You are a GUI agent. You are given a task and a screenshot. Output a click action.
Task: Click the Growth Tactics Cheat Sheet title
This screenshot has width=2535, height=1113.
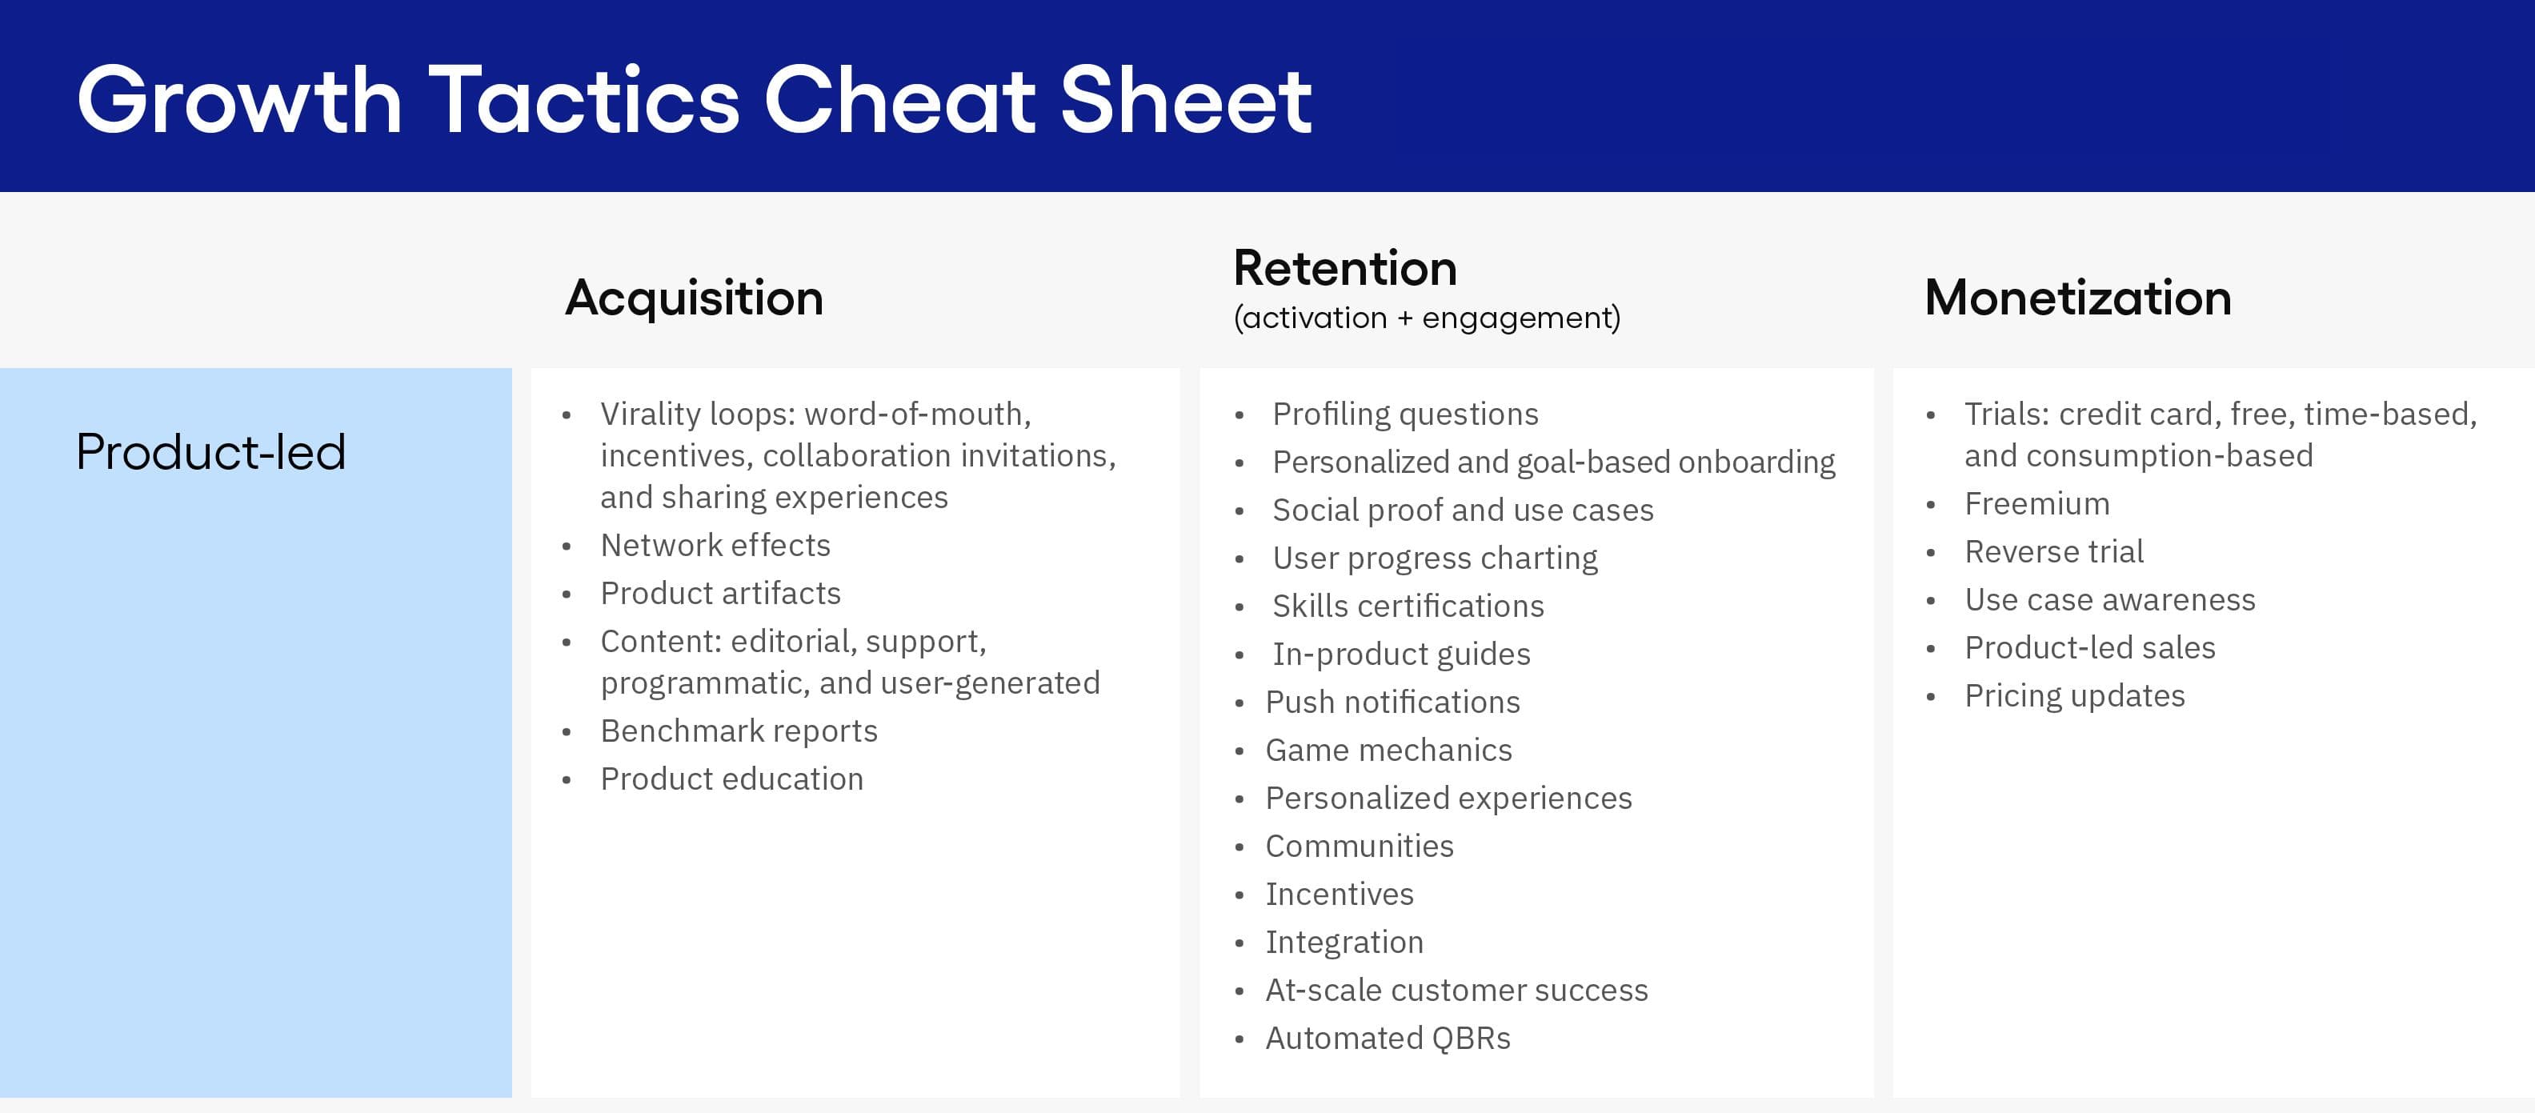[x=694, y=99]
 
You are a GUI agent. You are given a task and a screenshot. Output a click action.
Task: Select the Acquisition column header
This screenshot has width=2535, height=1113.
[x=694, y=297]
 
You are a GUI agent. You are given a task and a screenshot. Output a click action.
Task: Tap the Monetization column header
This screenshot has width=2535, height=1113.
[x=2077, y=297]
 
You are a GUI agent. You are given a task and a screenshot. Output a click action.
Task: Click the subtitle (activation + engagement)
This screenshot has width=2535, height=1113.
[x=1426, y=318]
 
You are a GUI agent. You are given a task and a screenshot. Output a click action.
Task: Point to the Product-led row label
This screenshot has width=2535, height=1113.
[x=210, y=452]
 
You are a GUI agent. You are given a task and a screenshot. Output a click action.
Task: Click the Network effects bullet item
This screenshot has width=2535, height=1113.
[x=715, y=545]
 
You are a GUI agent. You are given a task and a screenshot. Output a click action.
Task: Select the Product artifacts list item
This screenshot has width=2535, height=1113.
[x=720, y=594]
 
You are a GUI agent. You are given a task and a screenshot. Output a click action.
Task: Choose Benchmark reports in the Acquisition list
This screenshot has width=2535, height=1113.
[x=738, y=731]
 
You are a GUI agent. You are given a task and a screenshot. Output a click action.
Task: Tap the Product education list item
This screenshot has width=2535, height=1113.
[x=731, y=779]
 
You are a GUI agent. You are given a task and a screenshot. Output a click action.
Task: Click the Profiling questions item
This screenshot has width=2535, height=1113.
[x=1404, y=414]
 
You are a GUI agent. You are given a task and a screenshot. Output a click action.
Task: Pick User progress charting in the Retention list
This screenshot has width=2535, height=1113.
[x=1434, y=558]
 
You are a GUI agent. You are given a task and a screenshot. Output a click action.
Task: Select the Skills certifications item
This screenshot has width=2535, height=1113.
[x=1408, y=607]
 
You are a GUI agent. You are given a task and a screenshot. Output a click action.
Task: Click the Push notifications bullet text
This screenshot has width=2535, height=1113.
[x=1392, y=703]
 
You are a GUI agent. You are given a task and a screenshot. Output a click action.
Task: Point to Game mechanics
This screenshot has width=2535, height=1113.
[x=1388, y=751]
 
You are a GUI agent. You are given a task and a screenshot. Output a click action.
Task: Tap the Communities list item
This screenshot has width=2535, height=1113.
[x=1358, y=847]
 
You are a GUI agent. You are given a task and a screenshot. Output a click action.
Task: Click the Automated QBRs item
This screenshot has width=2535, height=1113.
[x=1387, y=1039]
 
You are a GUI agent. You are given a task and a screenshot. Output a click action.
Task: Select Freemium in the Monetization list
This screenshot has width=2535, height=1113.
[x=2036, y=504]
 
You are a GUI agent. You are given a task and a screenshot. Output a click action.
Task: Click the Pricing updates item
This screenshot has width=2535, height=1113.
[x=2073, y=696]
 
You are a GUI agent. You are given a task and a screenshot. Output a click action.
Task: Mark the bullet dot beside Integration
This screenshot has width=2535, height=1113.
[x=1239, y=943]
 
